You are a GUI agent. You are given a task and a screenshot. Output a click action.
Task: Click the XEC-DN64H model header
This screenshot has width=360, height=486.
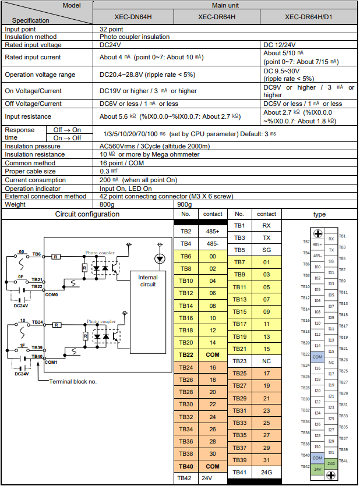122,16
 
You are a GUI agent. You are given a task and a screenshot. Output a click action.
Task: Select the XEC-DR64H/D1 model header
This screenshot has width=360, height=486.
308,16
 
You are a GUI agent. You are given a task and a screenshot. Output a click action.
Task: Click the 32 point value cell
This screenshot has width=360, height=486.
111,29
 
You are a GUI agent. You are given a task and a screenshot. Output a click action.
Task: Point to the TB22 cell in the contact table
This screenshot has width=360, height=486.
186,354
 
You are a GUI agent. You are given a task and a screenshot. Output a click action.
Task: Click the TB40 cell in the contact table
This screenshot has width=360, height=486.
186,466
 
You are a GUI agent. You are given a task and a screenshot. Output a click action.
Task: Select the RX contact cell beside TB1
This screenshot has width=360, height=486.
266,225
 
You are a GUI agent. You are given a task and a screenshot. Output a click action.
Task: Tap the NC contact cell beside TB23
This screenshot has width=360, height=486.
266,361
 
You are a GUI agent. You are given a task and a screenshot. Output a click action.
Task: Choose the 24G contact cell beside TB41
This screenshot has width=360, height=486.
266,472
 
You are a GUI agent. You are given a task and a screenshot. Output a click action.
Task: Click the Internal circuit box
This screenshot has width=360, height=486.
148,281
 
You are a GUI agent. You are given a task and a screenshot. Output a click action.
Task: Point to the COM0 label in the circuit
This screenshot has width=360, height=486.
51,295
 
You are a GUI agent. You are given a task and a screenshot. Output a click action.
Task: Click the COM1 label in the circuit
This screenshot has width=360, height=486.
51,362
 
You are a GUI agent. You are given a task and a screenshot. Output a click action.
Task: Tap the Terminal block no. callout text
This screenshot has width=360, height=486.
73,382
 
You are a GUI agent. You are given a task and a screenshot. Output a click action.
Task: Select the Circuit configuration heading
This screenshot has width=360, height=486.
87,214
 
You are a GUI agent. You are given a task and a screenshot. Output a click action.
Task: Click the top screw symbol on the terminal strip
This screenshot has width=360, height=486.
319,233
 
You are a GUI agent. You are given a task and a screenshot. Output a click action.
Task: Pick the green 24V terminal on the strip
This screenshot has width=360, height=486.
317,469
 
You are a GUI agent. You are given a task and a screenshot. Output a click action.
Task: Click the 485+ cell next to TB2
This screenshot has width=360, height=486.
213,232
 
